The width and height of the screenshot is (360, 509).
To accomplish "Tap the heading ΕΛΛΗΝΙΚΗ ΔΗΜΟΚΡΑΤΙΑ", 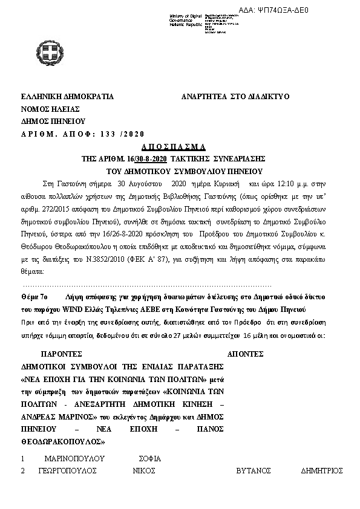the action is click(x=67, y=97).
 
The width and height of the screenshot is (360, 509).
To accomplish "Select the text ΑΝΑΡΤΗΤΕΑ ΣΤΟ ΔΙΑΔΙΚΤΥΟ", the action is click(x=235, y=97).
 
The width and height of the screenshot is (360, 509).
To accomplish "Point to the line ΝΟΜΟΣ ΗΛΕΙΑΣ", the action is click(x=50, y=109).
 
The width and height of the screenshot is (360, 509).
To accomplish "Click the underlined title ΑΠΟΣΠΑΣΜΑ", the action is click(x=174, y=147).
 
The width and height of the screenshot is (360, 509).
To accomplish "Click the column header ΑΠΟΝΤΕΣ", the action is click(x=244, y=355).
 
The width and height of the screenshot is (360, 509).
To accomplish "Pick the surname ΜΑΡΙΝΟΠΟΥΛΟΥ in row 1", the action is click(x=71, y=459).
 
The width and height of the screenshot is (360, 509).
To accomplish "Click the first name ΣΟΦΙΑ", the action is click(x=150, y=459).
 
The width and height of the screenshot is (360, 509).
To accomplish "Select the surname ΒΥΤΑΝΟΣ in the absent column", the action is click(x=253, y=470).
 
